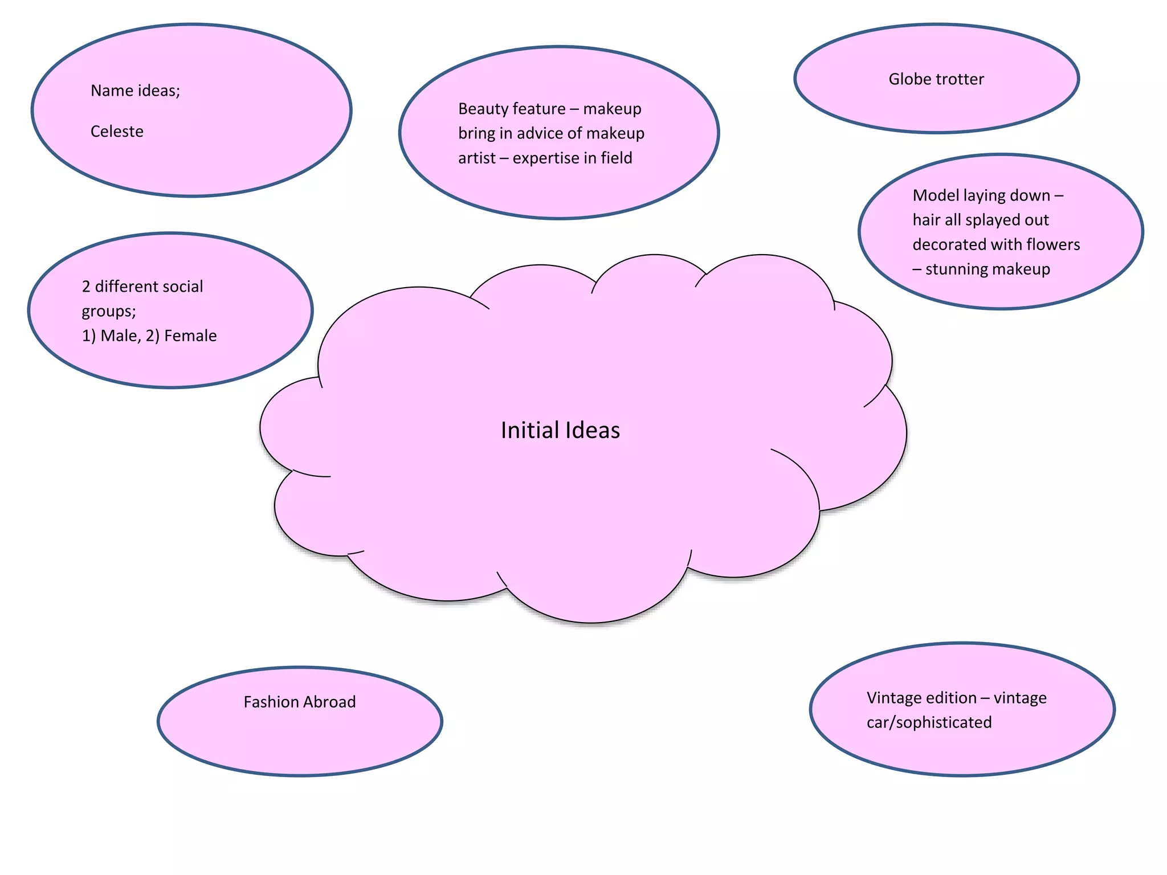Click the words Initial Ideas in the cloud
point(560,431)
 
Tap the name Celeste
point(117,132)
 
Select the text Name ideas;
point(135,91)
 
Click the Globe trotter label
point(936,79)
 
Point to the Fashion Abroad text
point(299,702)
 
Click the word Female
point(190,336)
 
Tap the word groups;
point(109,311)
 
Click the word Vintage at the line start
point(893,698)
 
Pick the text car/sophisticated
point(929,722)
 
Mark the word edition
point(950,698)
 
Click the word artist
point(476,158)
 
